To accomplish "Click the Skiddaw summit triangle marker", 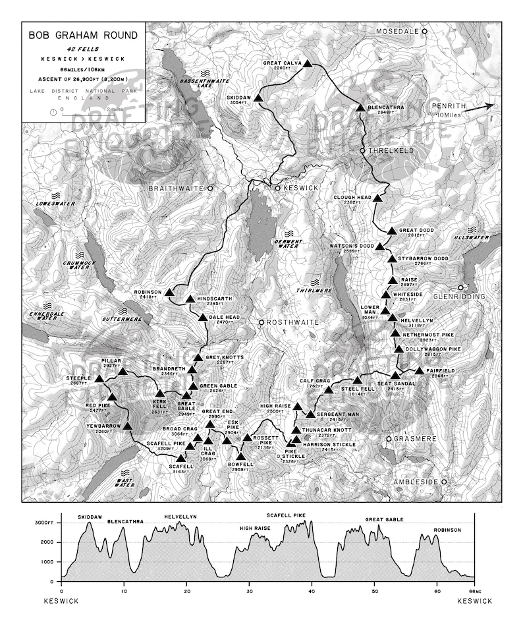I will (259, 98).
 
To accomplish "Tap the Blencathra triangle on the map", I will (360, 107).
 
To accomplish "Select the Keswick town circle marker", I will (278, 188).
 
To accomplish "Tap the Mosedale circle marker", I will (426, 31).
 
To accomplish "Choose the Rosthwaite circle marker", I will (261, 322).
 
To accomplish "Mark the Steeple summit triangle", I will (99, 379).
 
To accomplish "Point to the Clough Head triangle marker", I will (378, 197).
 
